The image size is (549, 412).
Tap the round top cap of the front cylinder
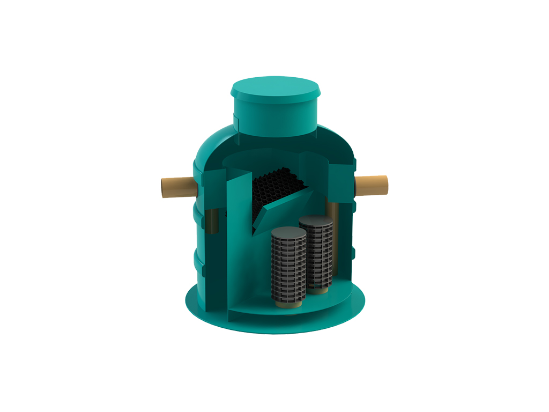click(x=288, y=232)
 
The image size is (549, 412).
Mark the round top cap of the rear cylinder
click(x=316, y=220)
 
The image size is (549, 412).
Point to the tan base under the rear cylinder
click(x=321, y=290)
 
